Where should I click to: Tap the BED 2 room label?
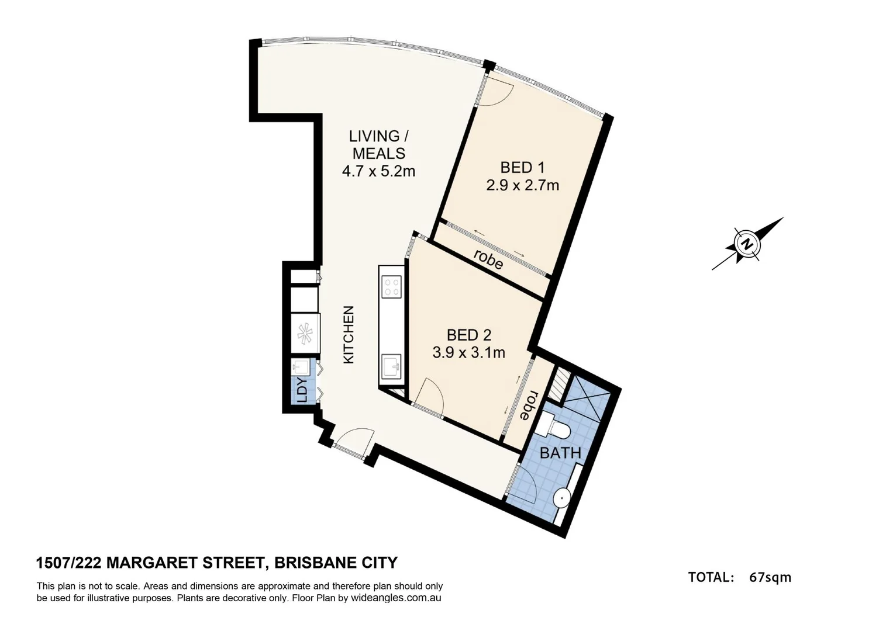(468, 335)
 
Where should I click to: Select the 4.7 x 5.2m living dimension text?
(378, 171)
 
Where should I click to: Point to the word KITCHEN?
(349, 335)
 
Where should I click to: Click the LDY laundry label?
(302, 390)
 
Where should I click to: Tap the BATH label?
(560, 453)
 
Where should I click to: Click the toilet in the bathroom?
(553, 425)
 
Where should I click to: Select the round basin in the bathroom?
(561, 497)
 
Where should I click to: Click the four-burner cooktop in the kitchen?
(391, 287)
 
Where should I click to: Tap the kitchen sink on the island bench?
(391, 367)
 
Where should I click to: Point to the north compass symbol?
(747, 244)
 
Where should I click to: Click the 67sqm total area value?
(770, 577)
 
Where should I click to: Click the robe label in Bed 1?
(488, 259)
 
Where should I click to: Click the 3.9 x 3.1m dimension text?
(468, 353)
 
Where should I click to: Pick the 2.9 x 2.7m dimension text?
(522, 186)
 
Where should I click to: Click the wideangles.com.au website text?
(395, 598)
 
